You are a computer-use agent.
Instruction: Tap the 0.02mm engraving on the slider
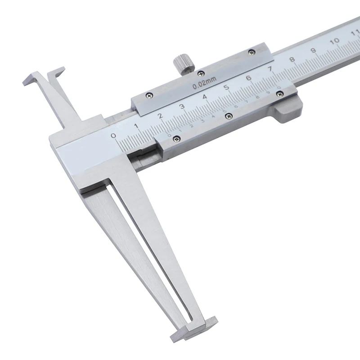(x=201, y=84)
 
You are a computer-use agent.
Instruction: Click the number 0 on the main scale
(x=113, y=135)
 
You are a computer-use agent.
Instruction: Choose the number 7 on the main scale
(x=270, y=69)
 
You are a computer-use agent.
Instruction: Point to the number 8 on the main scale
(x=292, y=59)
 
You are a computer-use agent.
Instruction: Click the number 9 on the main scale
(x=313, y=50)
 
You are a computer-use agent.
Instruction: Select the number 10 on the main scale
(x=334, y=41)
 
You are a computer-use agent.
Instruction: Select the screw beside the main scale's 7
(x=280, y=93)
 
